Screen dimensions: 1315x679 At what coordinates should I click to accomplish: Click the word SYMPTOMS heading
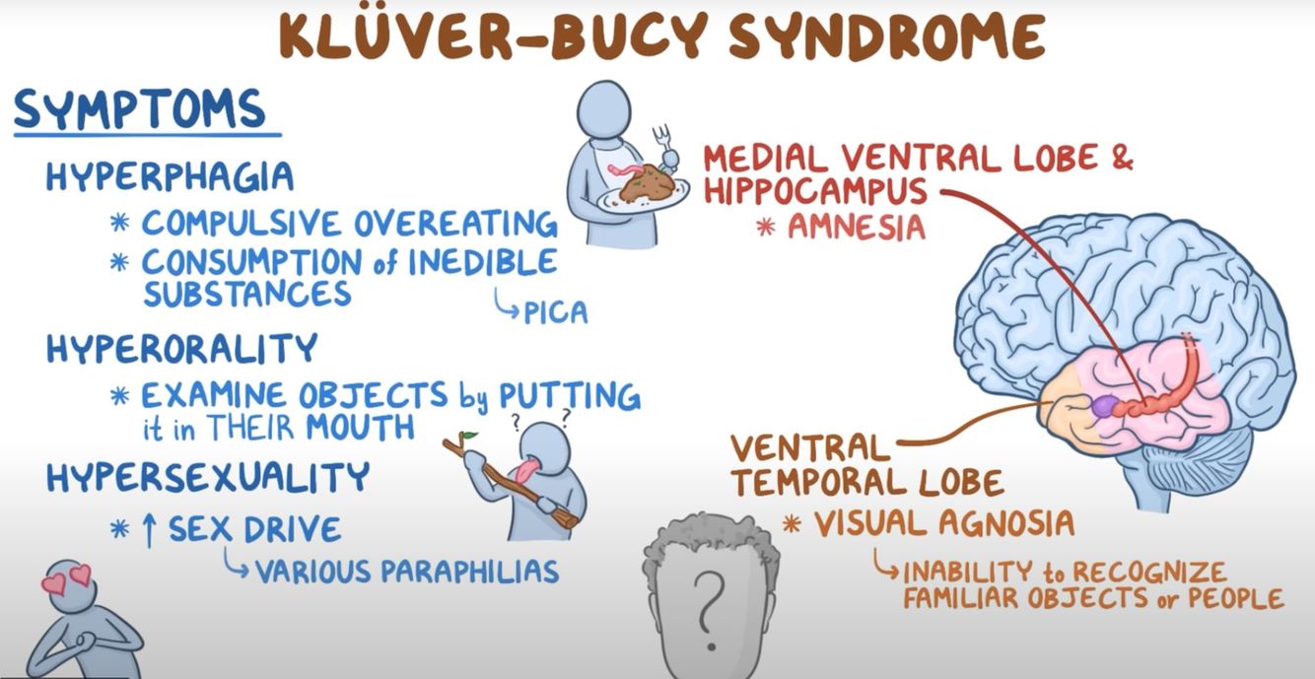pyautogui.click(x=139, y=110)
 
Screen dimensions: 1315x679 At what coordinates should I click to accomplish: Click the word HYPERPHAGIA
pyautogui.click(x=170, y=176)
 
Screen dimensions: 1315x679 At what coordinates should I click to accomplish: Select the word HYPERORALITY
pyautogui.click(x=182, y=348)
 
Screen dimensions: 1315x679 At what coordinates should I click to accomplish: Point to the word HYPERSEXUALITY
pyautogui.click(x=207, y=478)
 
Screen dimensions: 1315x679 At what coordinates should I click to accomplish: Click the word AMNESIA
pyautogui.click(x=855, y=227)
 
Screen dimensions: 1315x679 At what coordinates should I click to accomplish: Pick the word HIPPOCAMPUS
pyautogui.click(x=816, y=190)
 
